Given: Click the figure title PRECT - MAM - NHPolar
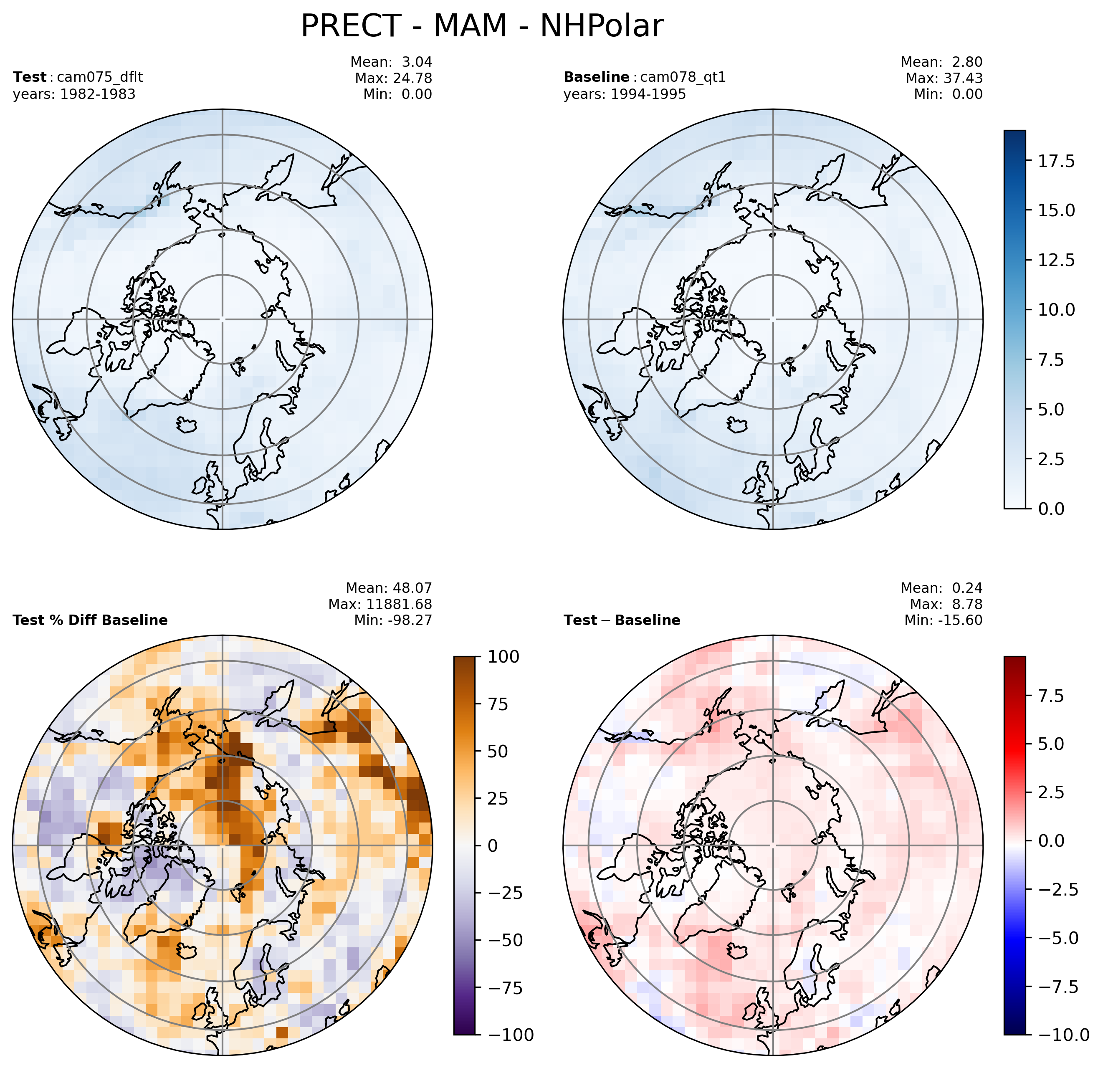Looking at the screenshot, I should [x=482, y=26].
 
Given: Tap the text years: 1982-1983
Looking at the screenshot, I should [x=74, y=94].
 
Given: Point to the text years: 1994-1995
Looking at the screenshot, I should [x=625, y=94].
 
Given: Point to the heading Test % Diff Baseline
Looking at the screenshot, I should [x=90, y=620].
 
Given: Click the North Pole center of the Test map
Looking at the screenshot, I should [x=222, y=319].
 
